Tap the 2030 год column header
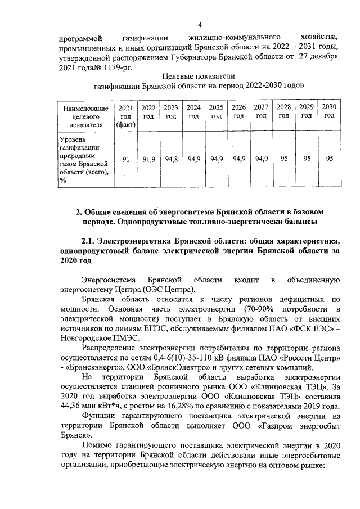(329, 111)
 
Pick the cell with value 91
(126, 160)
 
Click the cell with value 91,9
(148, 160)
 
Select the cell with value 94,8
(171, 160)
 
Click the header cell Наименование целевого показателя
(84, 116)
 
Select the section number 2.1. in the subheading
(91, 241)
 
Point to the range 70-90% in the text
(259, 309)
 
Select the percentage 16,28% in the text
(175, 406)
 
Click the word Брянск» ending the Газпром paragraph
(74, 435)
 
